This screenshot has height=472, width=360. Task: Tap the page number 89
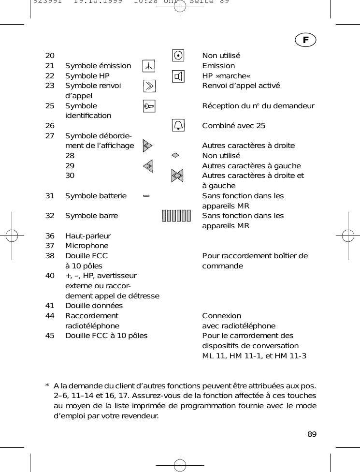click(x=312, y=434)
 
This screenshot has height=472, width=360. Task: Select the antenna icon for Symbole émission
click(x=149, y=66)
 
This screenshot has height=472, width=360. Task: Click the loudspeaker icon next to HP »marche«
click(x=178, y=76)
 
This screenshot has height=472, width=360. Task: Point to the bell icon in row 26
click(x=178, y=126)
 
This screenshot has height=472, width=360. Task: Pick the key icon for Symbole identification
click(x=149, y=106)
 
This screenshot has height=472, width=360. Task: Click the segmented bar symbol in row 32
click(x=176, y=216)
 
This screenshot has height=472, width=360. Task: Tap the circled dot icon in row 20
click(x=178, y=55)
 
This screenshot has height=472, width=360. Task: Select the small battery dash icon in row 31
click(x=146, y=196)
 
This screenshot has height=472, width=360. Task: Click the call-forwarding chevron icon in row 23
click(x=149, y=86)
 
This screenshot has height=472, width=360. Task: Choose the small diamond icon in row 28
click(x=175, y=155)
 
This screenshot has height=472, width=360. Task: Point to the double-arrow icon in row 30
click(x=177, y=176)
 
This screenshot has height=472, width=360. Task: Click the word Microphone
click(x=87, y=246)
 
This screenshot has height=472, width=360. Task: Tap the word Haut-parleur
click(x=88, y=236)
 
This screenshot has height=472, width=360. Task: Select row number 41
click(x=50, y=306)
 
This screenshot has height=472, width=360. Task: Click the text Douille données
click(x=94, y=306)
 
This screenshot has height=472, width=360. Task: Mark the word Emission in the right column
click(x=218, y=66)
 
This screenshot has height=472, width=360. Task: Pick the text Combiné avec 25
click(x=233, y=126)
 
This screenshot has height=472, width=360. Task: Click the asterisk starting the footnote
click(x=47, y=386)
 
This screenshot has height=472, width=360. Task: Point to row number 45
click(x=50, y=336)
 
